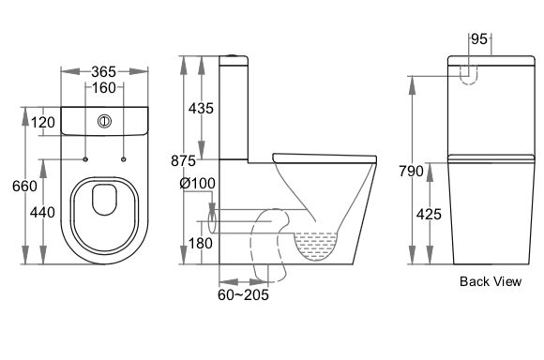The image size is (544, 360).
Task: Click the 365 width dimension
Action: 103,72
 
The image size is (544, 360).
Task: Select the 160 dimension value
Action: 104,87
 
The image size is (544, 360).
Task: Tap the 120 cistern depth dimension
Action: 43,123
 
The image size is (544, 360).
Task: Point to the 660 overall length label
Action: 24,187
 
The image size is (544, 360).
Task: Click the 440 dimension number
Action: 42,212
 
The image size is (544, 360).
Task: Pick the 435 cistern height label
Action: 201,109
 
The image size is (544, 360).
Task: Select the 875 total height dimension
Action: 184,161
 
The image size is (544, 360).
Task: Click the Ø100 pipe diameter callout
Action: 197,183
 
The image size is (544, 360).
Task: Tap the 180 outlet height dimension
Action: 200,243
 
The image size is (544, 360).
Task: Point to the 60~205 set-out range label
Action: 243,294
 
